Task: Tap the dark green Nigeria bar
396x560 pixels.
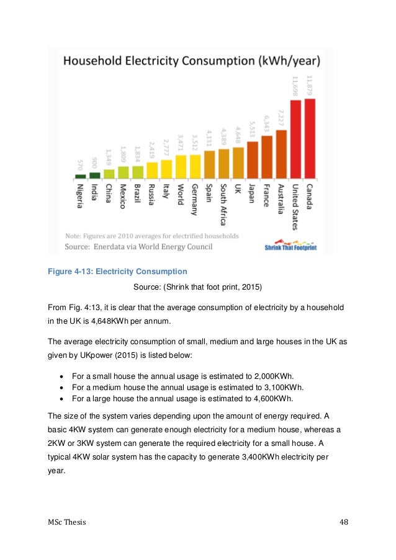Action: (80, 176)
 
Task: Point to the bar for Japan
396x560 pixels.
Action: (252, 159)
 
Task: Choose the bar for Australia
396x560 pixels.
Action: (281, 154)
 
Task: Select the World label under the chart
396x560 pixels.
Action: (181, 195)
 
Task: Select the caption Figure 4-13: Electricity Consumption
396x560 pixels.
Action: (117, 271)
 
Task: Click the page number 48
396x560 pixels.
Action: (344, 522)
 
